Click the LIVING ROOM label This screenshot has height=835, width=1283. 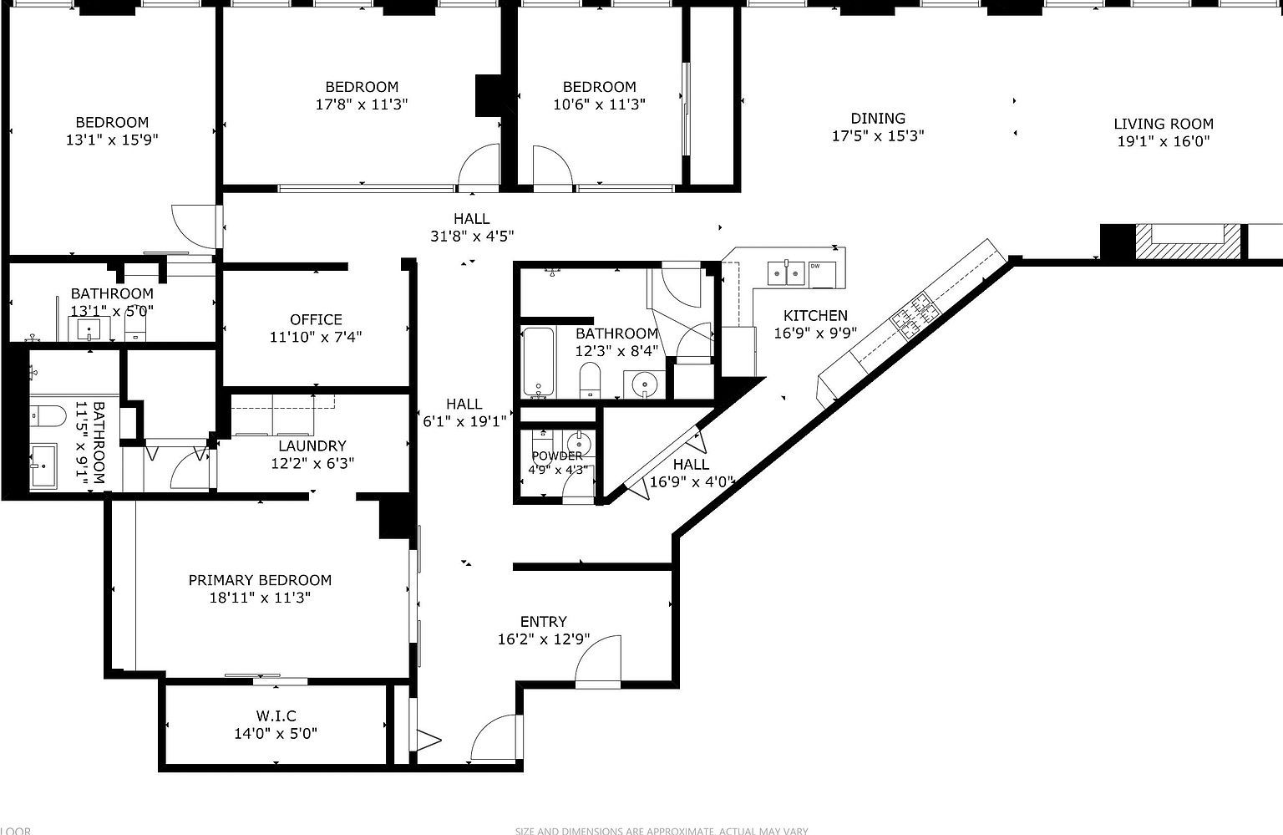pos(1163,124)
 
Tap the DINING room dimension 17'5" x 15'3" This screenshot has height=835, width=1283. pos(877,136)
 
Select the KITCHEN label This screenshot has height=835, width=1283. pos(815,316)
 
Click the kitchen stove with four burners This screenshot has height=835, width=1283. pos(915,313)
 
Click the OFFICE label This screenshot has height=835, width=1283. pos(316,319)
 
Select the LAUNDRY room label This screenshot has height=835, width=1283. pos(312,446)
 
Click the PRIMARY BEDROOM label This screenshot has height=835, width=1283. pos(260,580)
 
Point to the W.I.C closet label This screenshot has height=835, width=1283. pos(276,716)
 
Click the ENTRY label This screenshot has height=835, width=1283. pos(543,622)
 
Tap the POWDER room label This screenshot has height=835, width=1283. pos(556,456)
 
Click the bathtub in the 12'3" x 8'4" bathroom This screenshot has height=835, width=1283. pos(538,362)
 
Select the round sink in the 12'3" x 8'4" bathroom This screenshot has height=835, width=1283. pos(644,384)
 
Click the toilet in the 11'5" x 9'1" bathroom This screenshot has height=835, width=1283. pos(47,415)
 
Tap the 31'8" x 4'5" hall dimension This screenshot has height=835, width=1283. pos(471,237)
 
